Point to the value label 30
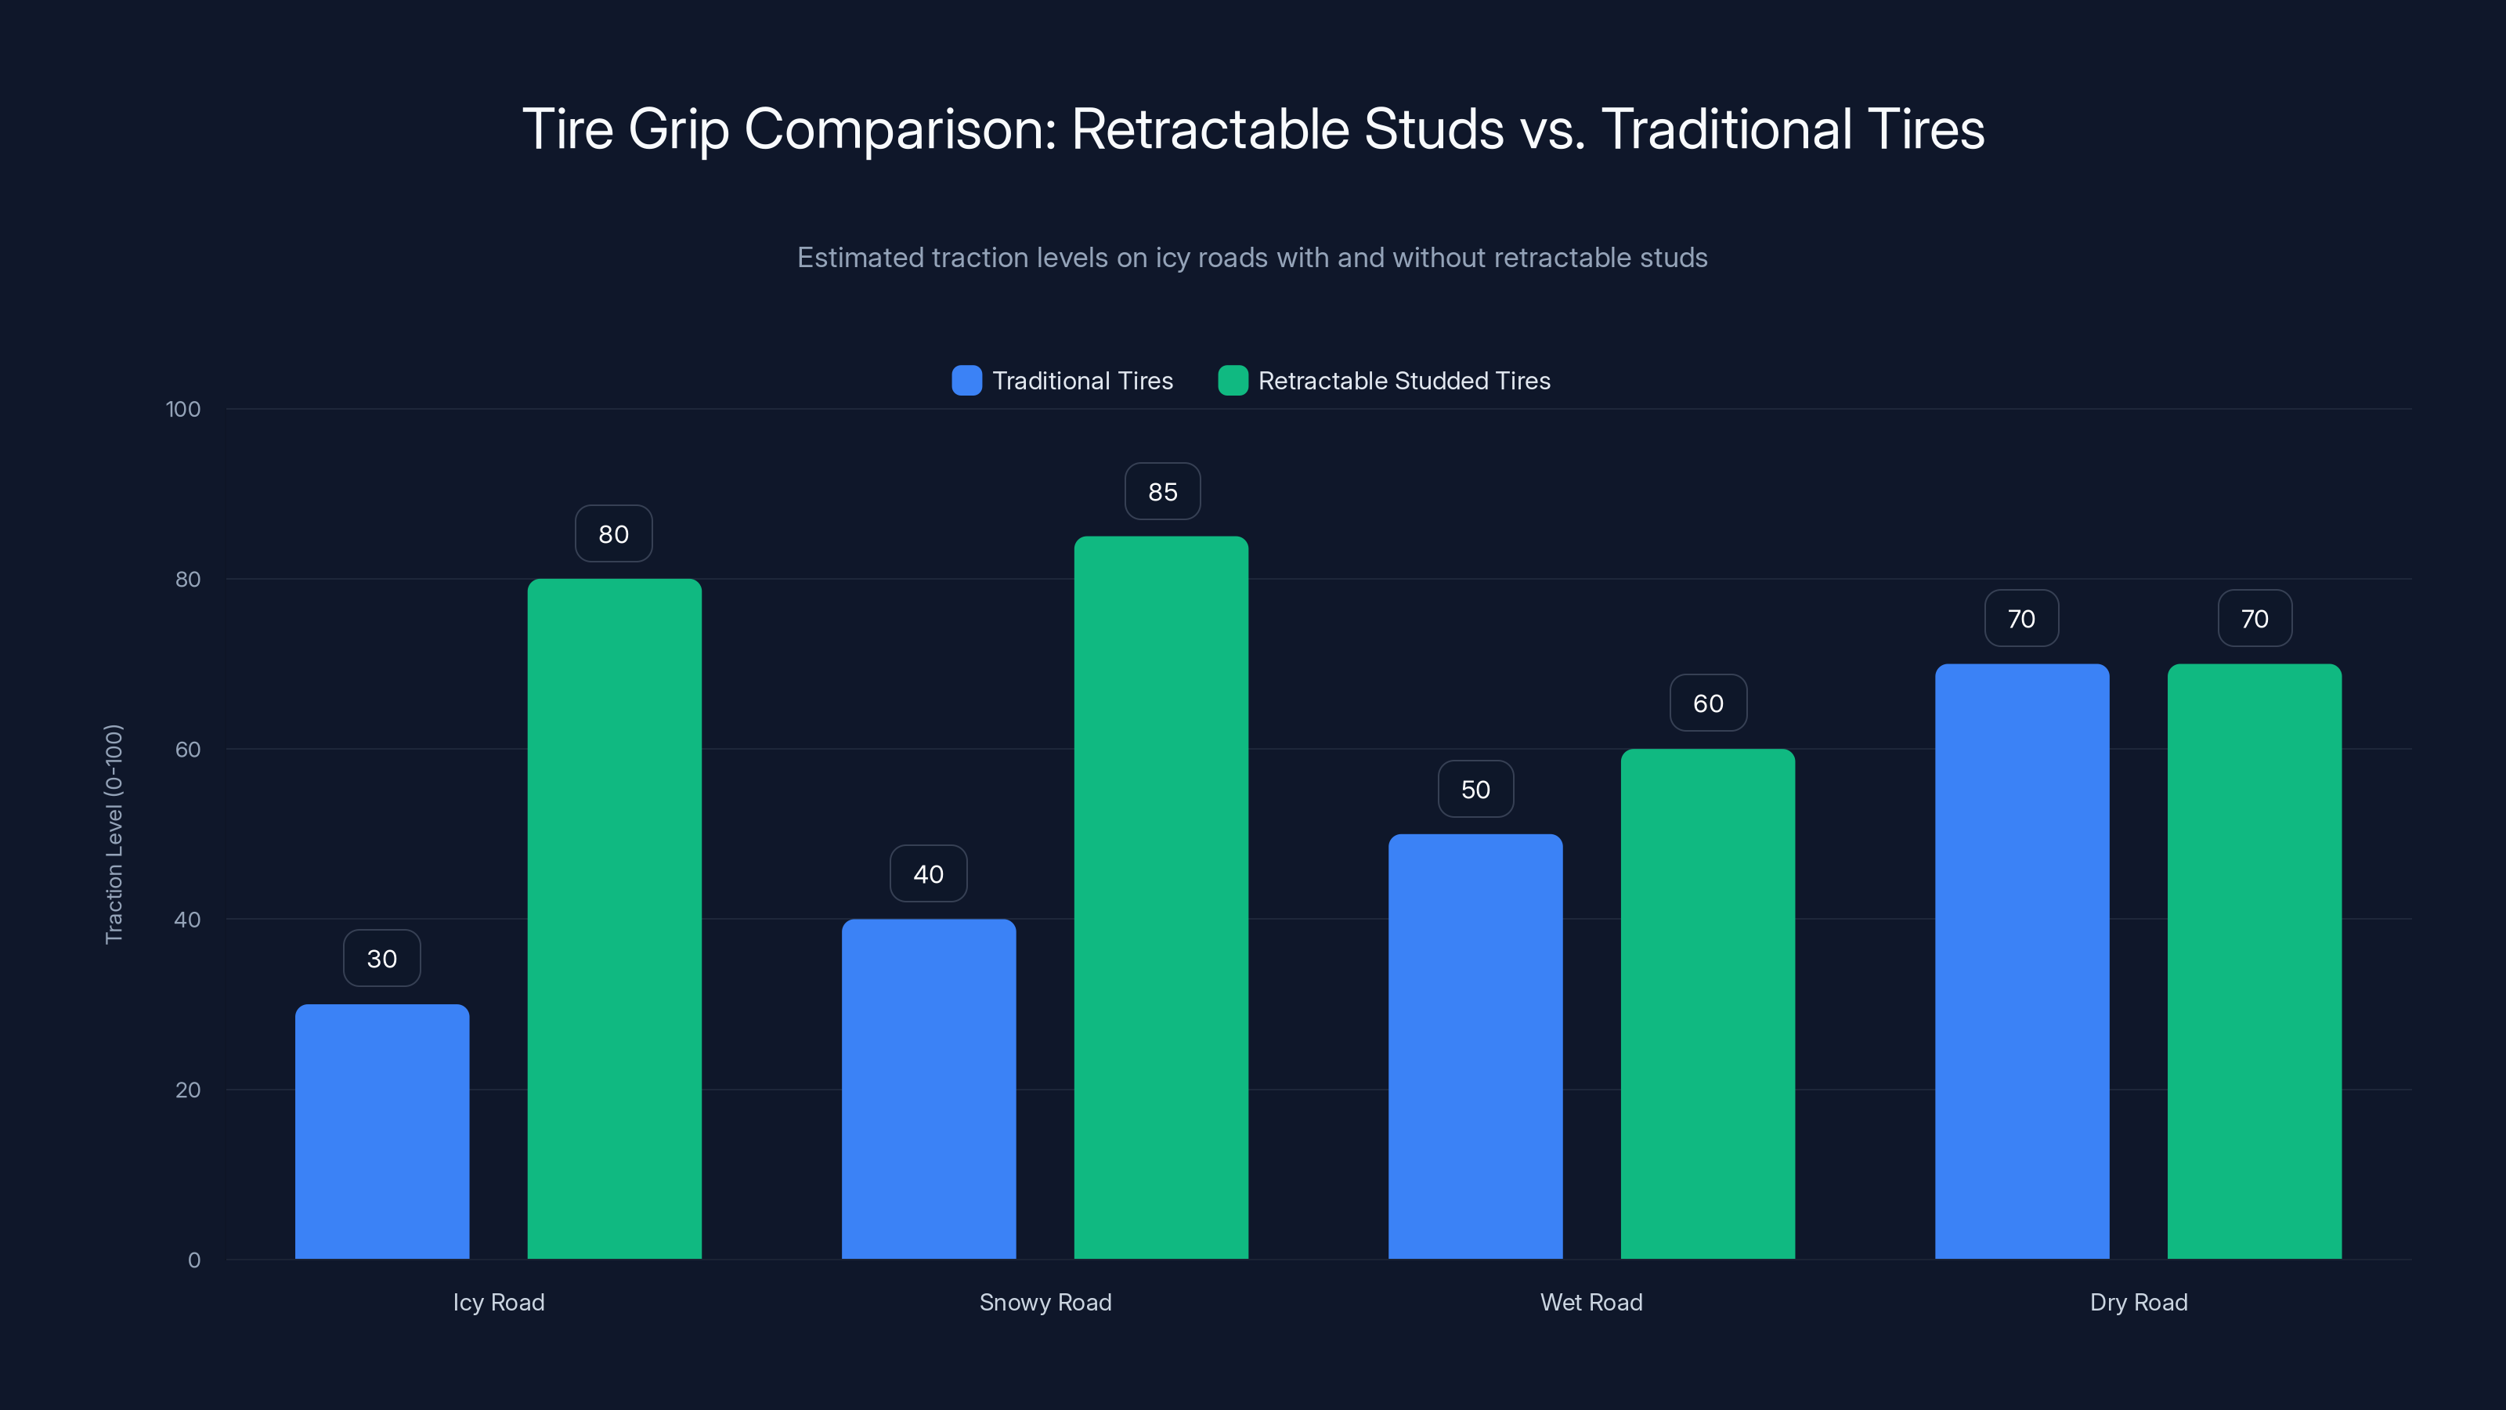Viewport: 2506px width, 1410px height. (381, 959)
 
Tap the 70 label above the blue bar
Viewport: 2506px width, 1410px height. (2020, 619)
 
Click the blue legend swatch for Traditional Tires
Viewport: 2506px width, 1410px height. (966, 381)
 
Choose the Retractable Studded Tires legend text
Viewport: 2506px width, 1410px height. (1404, 381)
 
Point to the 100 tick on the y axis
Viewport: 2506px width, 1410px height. (183, 409)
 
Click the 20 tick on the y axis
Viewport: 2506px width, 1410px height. (188, 1090)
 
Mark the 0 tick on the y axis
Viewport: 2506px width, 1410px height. (193, 1260)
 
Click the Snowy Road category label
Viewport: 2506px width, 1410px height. (1045, 1302)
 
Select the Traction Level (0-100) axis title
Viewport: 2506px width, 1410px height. (114, 834)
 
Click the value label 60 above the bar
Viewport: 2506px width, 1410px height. (1707, 703)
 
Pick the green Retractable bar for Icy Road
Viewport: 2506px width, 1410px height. (614, 919)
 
